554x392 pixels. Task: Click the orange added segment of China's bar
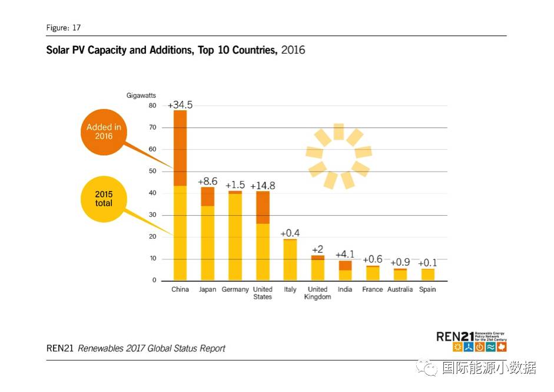[x=180, y=148]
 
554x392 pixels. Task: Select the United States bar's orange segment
[x=263, y=207]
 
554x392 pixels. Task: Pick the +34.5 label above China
[x=180, y=105]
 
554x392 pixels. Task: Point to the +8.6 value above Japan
[x=208, y=182]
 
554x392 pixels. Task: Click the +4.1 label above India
[x=345, y=255]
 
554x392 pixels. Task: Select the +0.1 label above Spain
[x=427, y=263]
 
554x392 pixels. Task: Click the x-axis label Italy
[x=290, y=289]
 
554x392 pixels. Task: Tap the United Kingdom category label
[x=317, y=293]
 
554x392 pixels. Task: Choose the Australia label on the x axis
[x=400, y=289]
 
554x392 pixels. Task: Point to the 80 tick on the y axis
[x=152, y=106]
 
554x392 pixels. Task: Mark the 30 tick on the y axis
[x=152, y=215]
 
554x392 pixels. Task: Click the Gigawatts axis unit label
[x=141, y=95]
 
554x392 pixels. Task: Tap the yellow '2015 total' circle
[x=104, y=199]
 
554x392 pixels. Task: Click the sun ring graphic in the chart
[x=339, y=156]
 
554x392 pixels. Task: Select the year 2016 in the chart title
[x=293, y=50]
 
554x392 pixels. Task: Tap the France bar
[x=373, y=274]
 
